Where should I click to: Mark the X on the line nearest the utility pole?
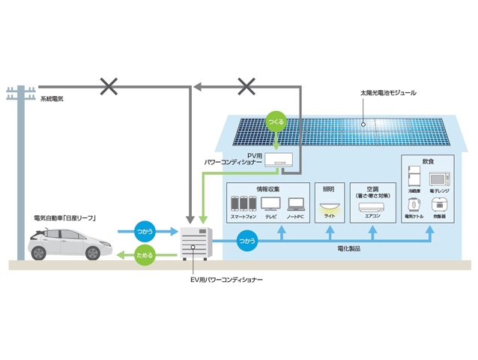click(x=109, y=88)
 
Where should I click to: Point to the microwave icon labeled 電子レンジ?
click(x=439, y=178)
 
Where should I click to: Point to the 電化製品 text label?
click(x=349, y=248)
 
